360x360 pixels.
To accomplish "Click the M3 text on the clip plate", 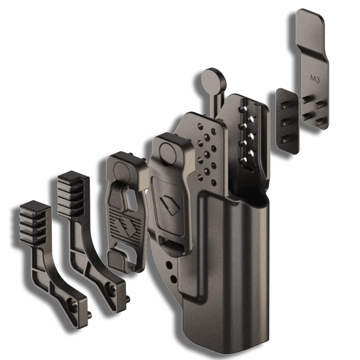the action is point(315,78).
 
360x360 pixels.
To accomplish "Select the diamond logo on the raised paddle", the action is point(170,205).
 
